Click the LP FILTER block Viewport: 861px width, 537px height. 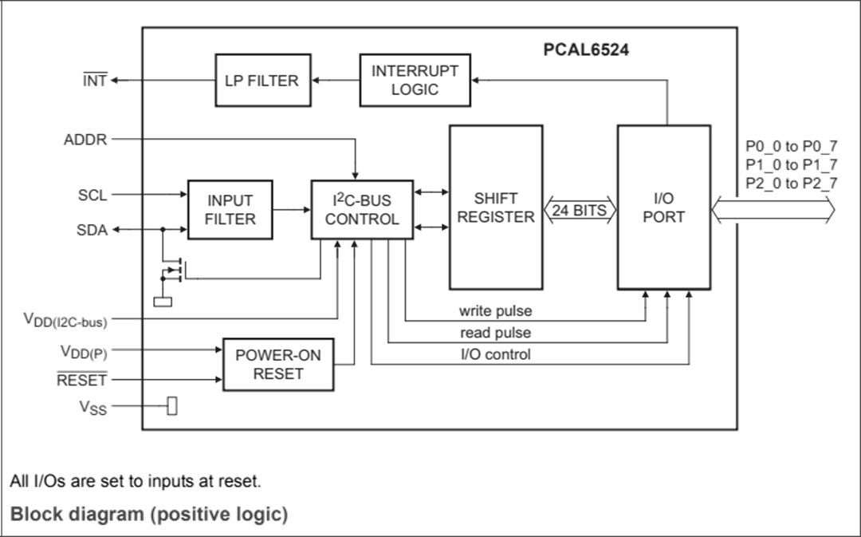click(262, 80)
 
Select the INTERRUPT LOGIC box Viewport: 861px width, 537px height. click(415, 80)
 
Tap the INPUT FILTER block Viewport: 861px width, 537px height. click(230, 210)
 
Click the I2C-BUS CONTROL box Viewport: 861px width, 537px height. click(362, 210)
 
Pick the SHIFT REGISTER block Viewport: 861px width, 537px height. click(496, 207)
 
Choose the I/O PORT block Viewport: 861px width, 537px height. click(663, 207)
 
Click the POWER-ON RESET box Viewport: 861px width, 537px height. click(278, 365)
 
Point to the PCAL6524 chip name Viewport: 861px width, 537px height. click(586, 49)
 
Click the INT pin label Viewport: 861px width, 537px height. click(95, 81)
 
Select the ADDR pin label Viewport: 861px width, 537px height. click(85, 140)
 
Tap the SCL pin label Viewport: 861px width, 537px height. click(92, 195)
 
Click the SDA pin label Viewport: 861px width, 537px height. click(92, 230)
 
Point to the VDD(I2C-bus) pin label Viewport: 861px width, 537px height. click(65, 320)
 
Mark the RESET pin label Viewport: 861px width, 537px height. click(81, 381)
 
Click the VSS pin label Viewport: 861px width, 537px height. click(92, 408)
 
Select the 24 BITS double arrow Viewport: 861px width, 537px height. click(579, 211)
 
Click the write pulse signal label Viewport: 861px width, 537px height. click(495, 310)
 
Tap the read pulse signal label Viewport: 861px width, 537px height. click(495, 333)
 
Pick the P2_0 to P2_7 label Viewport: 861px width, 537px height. click(791, 184)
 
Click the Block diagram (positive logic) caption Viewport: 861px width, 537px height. click(149, 514)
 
